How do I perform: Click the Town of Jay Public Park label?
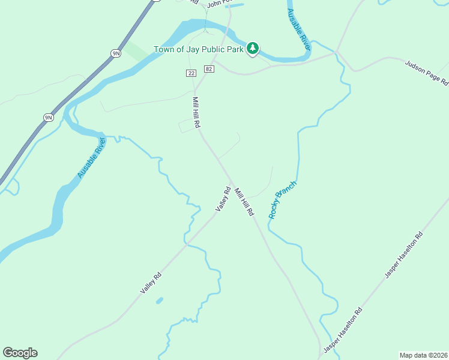(x=198, y=49)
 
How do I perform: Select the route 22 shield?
(x=191, y=73)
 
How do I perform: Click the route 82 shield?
(x=208, y=69)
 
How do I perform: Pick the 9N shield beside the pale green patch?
(x=116, y=53)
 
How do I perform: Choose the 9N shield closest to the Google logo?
(x=49, y=118)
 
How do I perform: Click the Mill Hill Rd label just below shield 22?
(x=196, y=112)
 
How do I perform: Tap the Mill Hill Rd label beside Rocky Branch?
(x=244, y=202)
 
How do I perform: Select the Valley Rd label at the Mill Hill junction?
(x=223, y=199)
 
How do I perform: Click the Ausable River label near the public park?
(x=298, y=29)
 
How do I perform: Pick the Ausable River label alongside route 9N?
(x=91, y=158)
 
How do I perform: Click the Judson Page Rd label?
(x=426, y=73)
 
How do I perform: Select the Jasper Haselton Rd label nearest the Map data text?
(x=343, y=329)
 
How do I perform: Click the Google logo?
(x=20, y=353)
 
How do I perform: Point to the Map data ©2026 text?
(x=423, y=355)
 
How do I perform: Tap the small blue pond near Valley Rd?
(x=159, y=300)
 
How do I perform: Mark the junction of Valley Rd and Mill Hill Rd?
(x=231, y=182)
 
